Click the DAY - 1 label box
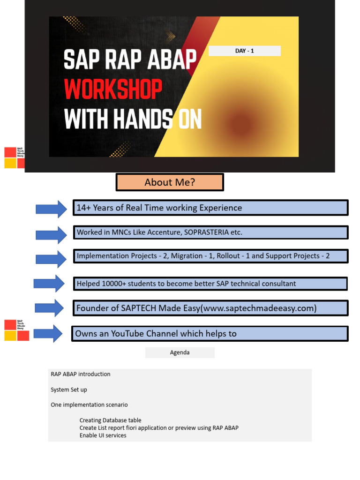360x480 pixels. tap(244, 51)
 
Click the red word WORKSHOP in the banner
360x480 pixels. tap(113, 89)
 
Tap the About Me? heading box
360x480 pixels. tap(170, 182)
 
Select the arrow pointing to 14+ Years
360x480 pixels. tap(52, 209)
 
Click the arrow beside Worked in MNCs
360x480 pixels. tap(52, 234)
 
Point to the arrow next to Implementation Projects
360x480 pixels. tap(52, 259)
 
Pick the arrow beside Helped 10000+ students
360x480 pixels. tap(49, 284)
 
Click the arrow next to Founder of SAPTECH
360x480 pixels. tap(50, 308)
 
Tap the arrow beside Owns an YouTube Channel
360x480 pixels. tap(48, 333)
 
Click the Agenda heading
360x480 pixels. tap(180, 352)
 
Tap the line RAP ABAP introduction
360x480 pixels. tap(81, 374)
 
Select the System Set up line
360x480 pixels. tap(69, 390)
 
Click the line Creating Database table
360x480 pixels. tap(110, 420)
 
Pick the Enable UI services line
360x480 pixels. tap(103, 435)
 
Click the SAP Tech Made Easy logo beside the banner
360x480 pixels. tap(15, 157)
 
